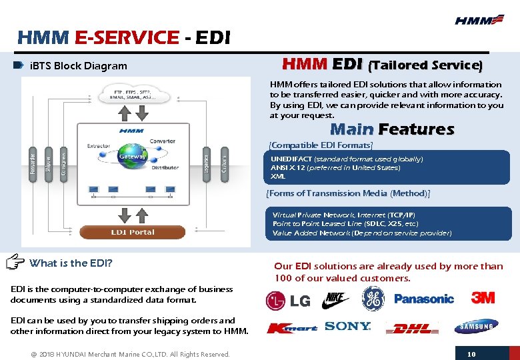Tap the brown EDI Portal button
coord(132,232)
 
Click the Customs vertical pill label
coord(225,163)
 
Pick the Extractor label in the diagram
coord(98,146)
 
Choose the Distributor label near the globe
coord(165,168)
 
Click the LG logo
coord(288,301)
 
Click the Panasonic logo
coord(424,299)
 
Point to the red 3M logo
coord(483,297)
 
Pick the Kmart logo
coord(292,328)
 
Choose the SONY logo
coord(347,326)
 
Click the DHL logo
coord(412,328)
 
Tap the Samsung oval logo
coord(476,326)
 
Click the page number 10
coord(471,354)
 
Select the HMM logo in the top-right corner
coord(479,20)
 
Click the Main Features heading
coord(392,129)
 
